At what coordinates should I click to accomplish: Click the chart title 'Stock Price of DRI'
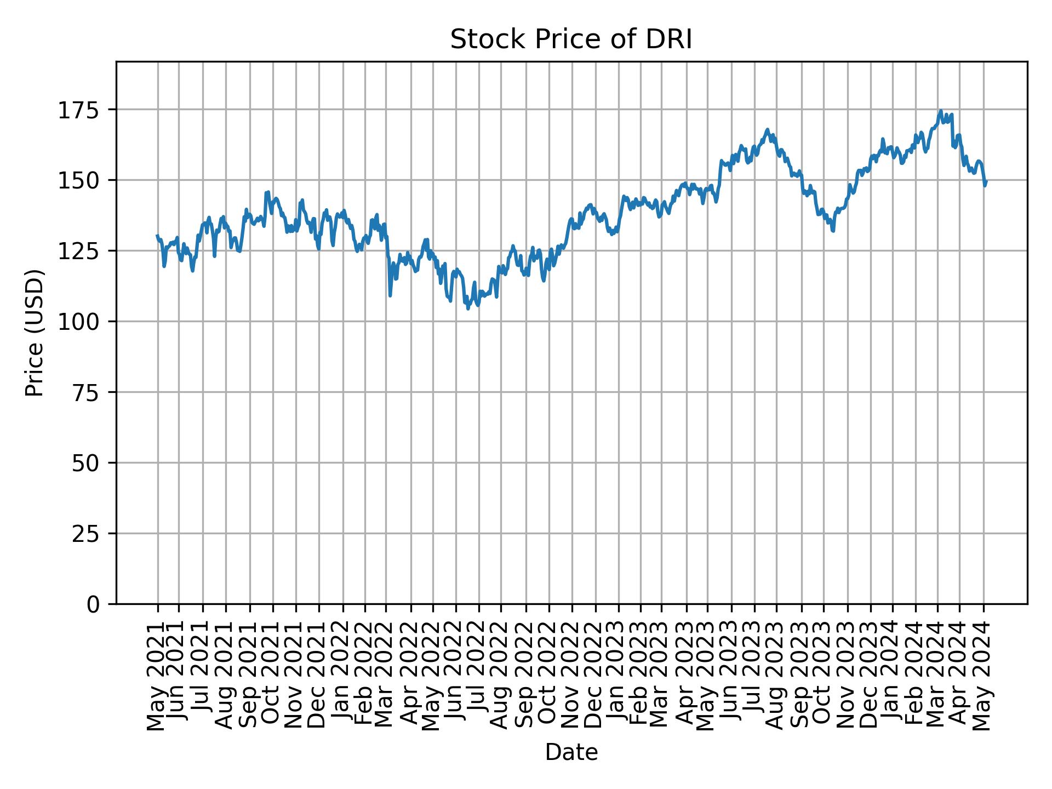click(571, 40)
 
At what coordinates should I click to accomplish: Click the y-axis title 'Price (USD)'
click(35, 333)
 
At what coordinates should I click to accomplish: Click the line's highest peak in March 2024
click(940, 111)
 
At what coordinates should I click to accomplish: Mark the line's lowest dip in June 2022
click(468, 308)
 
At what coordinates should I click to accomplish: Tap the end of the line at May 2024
click(986, 182)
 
